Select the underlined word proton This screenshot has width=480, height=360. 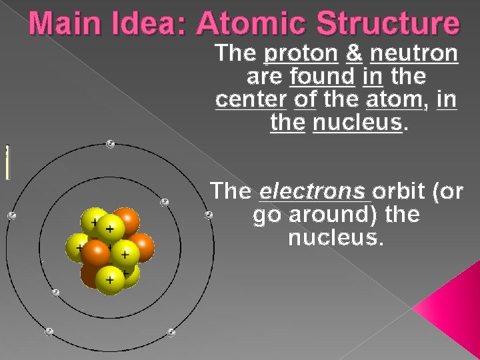[301, 53]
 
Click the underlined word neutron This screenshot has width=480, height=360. [414, 53]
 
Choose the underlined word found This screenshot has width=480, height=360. [322, 77]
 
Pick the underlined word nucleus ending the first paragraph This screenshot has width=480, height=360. [358, 123]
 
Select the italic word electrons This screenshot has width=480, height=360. [313, 191]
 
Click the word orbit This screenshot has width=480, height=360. [400, 191]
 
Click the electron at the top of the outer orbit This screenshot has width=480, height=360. [110, 144]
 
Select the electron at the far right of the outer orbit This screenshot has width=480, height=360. [209, 215]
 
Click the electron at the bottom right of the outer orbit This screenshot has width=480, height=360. [171, 332]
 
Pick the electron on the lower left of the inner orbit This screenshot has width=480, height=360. [55, 292]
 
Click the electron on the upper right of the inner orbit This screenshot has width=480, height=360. [165, 201]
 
